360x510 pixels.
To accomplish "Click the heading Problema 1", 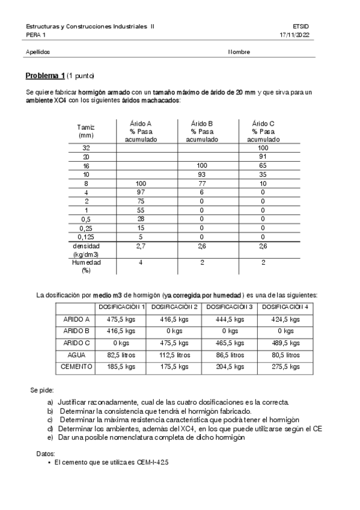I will [45, 76].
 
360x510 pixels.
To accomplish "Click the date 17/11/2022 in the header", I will [294, 35].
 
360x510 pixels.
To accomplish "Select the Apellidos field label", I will [38, 52].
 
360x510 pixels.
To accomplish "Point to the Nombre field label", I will [239, 52].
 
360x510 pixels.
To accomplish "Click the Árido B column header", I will [201, 131].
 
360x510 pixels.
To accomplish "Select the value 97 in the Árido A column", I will [141, 192].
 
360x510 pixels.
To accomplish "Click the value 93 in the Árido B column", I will [201, 174].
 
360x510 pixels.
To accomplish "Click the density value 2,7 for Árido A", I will [141, 247].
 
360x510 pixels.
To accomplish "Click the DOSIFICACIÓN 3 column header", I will [229, 307].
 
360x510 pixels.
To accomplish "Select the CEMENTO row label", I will [76, 366].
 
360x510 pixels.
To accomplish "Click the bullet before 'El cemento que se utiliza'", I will [49, 462].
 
